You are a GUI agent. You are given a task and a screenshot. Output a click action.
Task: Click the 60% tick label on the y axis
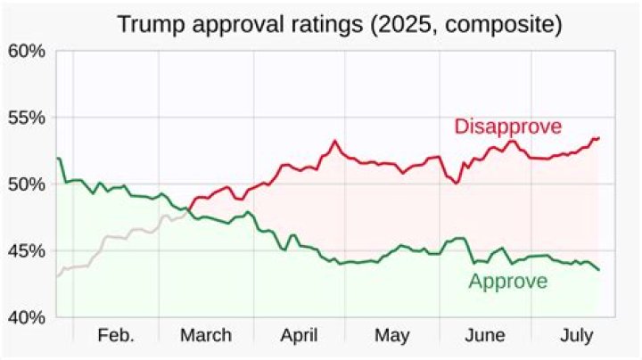click(26, 51)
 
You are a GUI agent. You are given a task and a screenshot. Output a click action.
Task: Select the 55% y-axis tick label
click(26, 118)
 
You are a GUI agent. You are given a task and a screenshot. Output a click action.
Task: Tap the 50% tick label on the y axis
click(26, 184)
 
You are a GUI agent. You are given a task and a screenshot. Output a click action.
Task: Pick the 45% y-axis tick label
click(26, 250)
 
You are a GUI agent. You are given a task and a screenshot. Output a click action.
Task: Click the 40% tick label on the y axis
click(26, 317)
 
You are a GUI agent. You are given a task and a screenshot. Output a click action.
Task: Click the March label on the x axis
click(206, 336)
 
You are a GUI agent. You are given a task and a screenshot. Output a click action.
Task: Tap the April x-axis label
click(300, 336)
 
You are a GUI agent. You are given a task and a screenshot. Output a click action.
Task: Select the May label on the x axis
click(393, 336)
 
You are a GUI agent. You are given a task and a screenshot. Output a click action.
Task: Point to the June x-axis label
click(485, 336)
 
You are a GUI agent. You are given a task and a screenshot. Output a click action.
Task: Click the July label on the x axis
click(578, 336)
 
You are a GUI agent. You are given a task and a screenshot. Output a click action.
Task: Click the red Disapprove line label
click(507, 127)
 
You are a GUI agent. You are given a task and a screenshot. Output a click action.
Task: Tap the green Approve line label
click(507, 282)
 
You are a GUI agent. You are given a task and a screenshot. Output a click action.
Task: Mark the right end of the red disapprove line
click(599, 137)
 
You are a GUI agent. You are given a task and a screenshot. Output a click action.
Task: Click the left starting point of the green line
click(57, 159)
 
